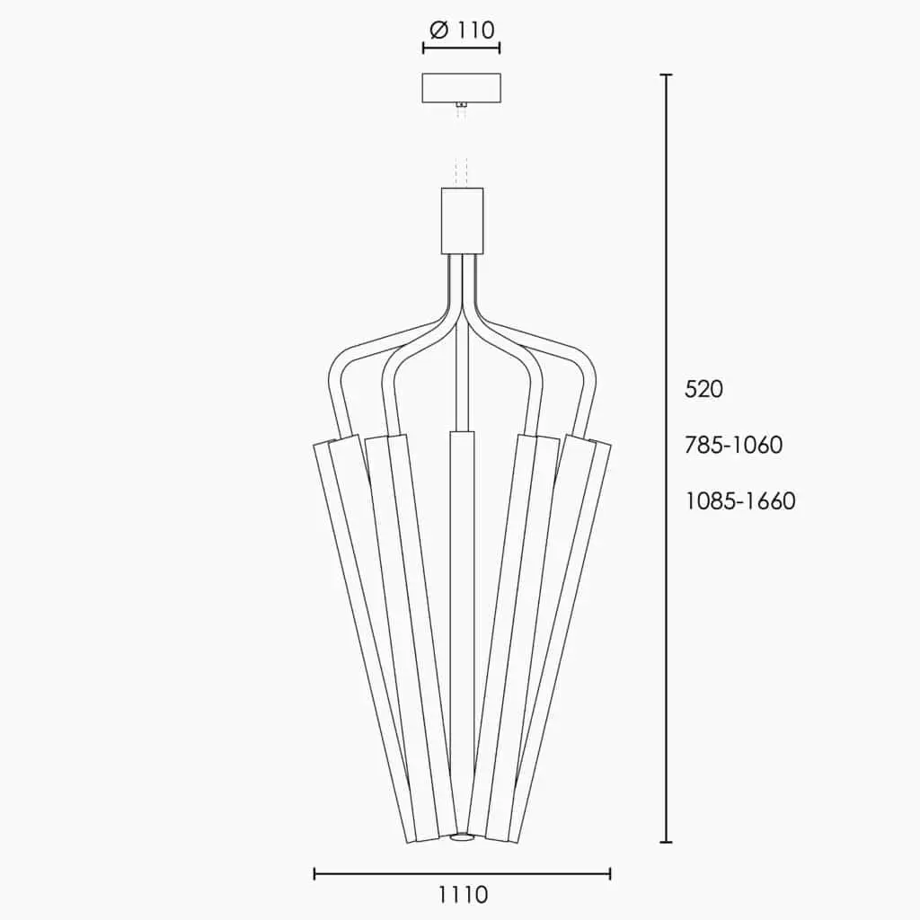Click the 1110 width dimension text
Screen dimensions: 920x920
463,895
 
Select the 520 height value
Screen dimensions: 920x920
704,389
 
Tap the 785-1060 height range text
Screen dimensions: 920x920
734,445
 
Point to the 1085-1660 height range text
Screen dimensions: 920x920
740,500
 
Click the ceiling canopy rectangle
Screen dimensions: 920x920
462,87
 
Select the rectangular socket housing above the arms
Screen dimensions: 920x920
462,220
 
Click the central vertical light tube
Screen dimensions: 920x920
462,629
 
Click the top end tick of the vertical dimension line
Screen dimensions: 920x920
666,75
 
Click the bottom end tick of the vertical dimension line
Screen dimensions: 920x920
666,842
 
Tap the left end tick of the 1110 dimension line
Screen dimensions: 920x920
314,872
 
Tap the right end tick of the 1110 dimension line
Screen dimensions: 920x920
611,872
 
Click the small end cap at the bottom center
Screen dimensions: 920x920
462,838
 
